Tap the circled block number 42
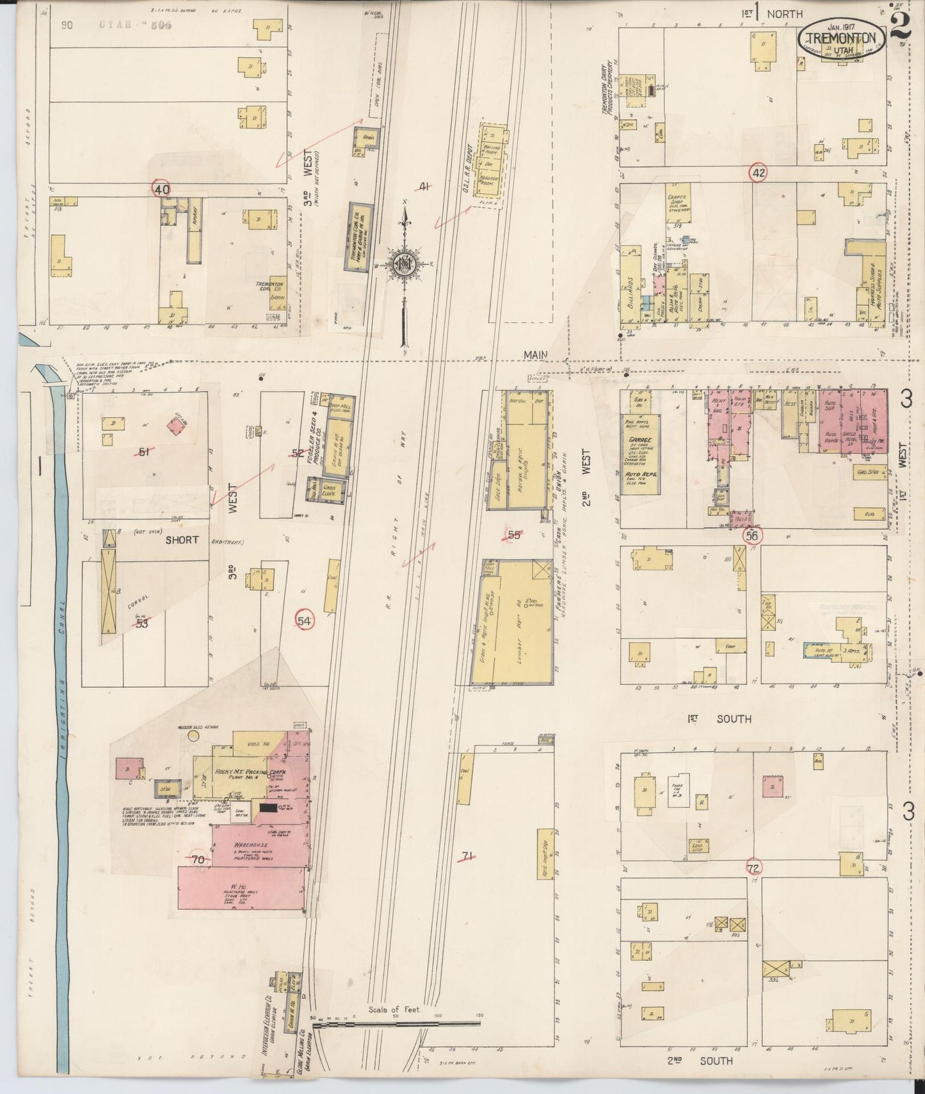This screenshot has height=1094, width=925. [759, 173]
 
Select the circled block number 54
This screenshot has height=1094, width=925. [305, 621]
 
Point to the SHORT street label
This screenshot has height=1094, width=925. [182, 540]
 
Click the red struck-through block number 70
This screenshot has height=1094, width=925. [198, 860]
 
